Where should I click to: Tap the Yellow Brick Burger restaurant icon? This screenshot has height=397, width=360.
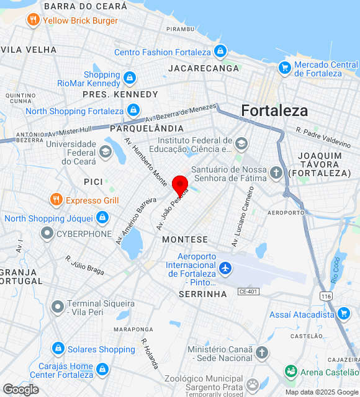(34, 20)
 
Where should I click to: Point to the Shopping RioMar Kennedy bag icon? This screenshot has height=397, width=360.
(130, 78)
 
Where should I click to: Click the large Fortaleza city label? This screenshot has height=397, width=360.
(274, 110)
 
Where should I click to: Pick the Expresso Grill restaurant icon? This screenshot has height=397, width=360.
(56, 200)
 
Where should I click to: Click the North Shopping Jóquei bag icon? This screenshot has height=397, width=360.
(102, 218)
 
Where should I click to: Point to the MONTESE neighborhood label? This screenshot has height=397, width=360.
(185, 239)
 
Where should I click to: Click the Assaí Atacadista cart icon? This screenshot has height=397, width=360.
(343, 314)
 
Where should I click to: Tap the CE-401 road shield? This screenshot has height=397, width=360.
(248, 291)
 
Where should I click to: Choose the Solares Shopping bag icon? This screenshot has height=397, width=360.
(58, 349)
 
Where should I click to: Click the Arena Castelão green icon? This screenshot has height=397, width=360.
(290, 371)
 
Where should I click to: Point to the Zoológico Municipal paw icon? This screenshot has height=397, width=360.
(253, 384)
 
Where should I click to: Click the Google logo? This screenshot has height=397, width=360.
(20, 390)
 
